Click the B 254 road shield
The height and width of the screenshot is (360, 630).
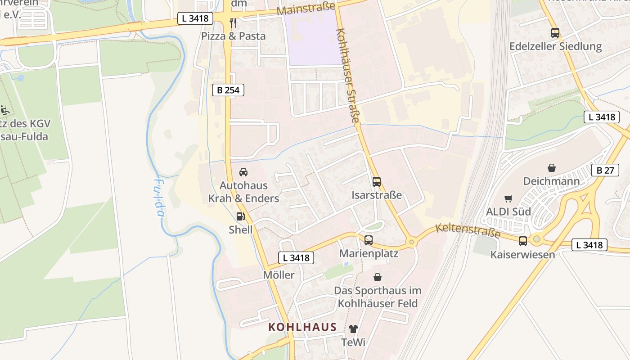click(x=228, y=90)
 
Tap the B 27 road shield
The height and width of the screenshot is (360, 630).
click(x=605, y=170)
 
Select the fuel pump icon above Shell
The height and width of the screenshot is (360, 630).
click(x=241, y=216)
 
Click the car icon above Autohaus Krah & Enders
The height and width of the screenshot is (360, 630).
click(x=243, y=172)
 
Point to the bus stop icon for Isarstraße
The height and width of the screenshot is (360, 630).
click(x=377, y=182)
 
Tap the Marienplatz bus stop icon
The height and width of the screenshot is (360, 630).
click(x=369, y=240)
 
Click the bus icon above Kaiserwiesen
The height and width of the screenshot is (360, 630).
click(x=522, y=241)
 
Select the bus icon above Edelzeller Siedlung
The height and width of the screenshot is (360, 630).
click(x=555, y=32)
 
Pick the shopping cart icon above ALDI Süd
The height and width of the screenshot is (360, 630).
click(x=508, y=198)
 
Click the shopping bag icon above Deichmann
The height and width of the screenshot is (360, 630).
click(x=551, y=168)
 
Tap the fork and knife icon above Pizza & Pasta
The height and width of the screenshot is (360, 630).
click(x=233, y=22)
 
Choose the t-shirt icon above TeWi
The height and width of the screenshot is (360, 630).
click(x=353, y=329)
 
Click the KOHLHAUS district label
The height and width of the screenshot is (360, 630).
click(x=302, y=327)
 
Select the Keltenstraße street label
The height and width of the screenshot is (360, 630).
click(x=468, y=230)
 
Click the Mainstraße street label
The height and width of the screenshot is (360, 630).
click(x=306, y=9)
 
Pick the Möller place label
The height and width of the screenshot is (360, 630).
click(x=279, y=275)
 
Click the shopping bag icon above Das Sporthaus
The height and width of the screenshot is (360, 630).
click(x=377, y=277)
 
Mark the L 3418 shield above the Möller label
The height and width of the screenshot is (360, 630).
click(x=296, y=258)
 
